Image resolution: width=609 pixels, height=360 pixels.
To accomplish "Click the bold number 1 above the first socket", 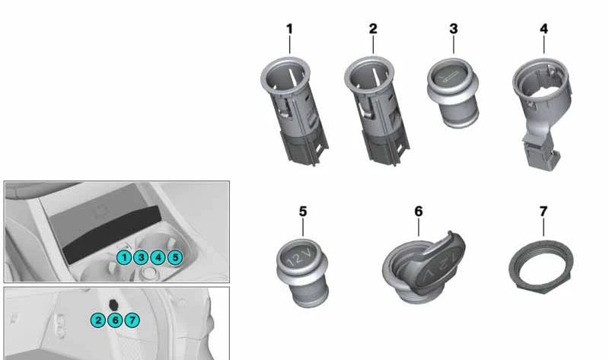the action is pos(289,29).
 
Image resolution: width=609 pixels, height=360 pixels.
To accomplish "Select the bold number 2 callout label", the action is pos(373,29).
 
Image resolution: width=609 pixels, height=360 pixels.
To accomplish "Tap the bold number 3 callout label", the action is pos(453,29).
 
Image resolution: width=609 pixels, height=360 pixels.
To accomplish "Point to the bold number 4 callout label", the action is pos(544,29).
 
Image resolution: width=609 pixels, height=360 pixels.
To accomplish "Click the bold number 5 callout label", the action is pos(303,212).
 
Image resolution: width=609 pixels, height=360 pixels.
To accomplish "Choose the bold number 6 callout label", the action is pos(418,212).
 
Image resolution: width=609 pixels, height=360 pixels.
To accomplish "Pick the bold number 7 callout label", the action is pos(544,212).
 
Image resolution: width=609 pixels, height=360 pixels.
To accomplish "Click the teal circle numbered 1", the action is pos(124,257).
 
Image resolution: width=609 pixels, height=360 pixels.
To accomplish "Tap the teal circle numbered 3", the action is pos(141,257).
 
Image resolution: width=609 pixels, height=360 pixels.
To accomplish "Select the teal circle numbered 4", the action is pos(158,257).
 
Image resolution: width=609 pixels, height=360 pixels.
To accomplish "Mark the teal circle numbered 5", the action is pos(175,257).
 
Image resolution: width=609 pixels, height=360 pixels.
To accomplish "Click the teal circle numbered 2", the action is pos(98,320).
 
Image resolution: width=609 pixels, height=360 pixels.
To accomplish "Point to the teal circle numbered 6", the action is pos(115,320).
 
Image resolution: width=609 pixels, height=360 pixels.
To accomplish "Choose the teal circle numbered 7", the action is pos(132,320).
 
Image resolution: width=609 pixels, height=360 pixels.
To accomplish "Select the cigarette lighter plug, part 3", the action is pos(453,93).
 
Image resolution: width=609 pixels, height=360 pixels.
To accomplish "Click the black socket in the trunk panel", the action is pos(113,305).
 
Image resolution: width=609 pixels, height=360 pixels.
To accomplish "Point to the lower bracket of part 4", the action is pos(540,151).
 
